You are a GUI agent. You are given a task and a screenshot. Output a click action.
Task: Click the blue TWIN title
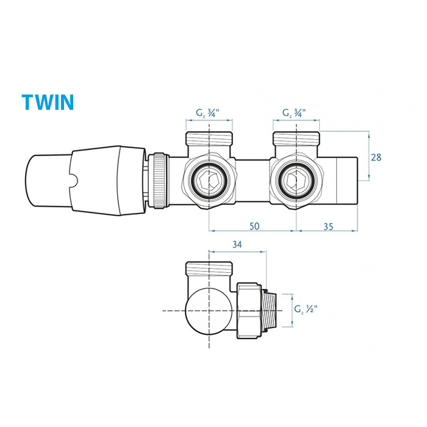48,102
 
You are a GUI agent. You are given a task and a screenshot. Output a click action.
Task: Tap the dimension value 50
254,226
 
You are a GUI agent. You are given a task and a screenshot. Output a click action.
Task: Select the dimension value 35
328,226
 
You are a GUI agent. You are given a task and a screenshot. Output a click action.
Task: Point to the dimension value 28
376,157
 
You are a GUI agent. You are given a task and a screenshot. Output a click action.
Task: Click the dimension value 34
237,245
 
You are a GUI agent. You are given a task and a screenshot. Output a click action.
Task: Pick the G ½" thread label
306,309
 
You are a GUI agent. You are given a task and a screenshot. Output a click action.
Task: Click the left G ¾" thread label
207,113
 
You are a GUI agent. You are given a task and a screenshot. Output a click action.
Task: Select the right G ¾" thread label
294,113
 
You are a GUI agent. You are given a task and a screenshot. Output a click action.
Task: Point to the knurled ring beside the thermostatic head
159,181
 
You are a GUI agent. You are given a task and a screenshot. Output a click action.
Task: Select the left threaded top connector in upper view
209,139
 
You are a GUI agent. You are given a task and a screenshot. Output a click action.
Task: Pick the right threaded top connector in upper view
296,139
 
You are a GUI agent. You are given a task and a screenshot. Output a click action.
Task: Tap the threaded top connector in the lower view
209,269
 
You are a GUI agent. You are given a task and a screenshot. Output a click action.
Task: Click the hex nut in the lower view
249,310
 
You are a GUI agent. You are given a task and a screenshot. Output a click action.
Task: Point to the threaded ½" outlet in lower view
270,310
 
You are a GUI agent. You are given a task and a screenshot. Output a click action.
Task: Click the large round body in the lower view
209,310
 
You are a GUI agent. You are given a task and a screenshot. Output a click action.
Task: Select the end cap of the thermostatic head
48,181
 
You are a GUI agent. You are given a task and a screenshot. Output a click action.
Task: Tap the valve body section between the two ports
253,181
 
